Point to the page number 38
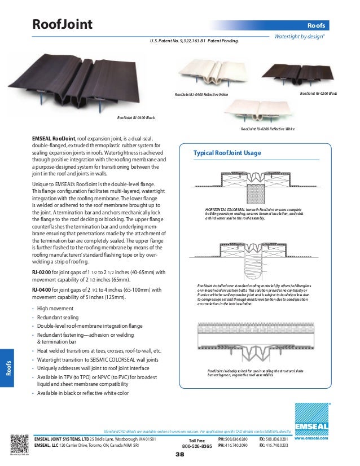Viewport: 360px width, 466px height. pyautogui.click(x=180, y=454)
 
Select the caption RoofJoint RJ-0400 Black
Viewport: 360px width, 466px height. pyautogui.click(x=136, y=117)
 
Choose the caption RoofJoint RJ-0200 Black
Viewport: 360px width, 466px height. pyautogui.click(x=318, y=93)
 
